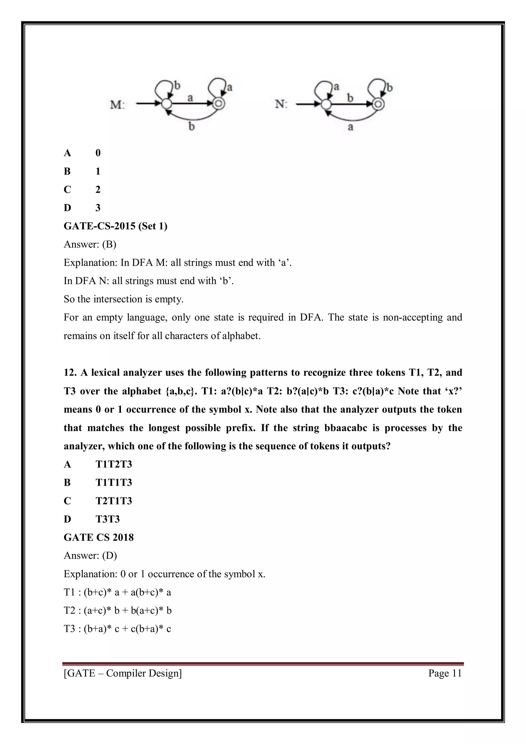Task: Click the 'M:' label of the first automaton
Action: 117,105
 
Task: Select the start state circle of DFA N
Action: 326,104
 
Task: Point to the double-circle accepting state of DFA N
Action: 378,104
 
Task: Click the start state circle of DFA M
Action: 166,104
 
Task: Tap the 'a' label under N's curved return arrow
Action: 350,127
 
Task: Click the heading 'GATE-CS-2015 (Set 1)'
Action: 115,226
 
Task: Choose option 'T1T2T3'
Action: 114,464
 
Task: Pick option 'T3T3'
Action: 108,519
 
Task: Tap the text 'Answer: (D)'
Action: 90,555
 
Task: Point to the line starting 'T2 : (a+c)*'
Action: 117,610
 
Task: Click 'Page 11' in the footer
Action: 445,673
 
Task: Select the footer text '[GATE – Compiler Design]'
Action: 123,673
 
